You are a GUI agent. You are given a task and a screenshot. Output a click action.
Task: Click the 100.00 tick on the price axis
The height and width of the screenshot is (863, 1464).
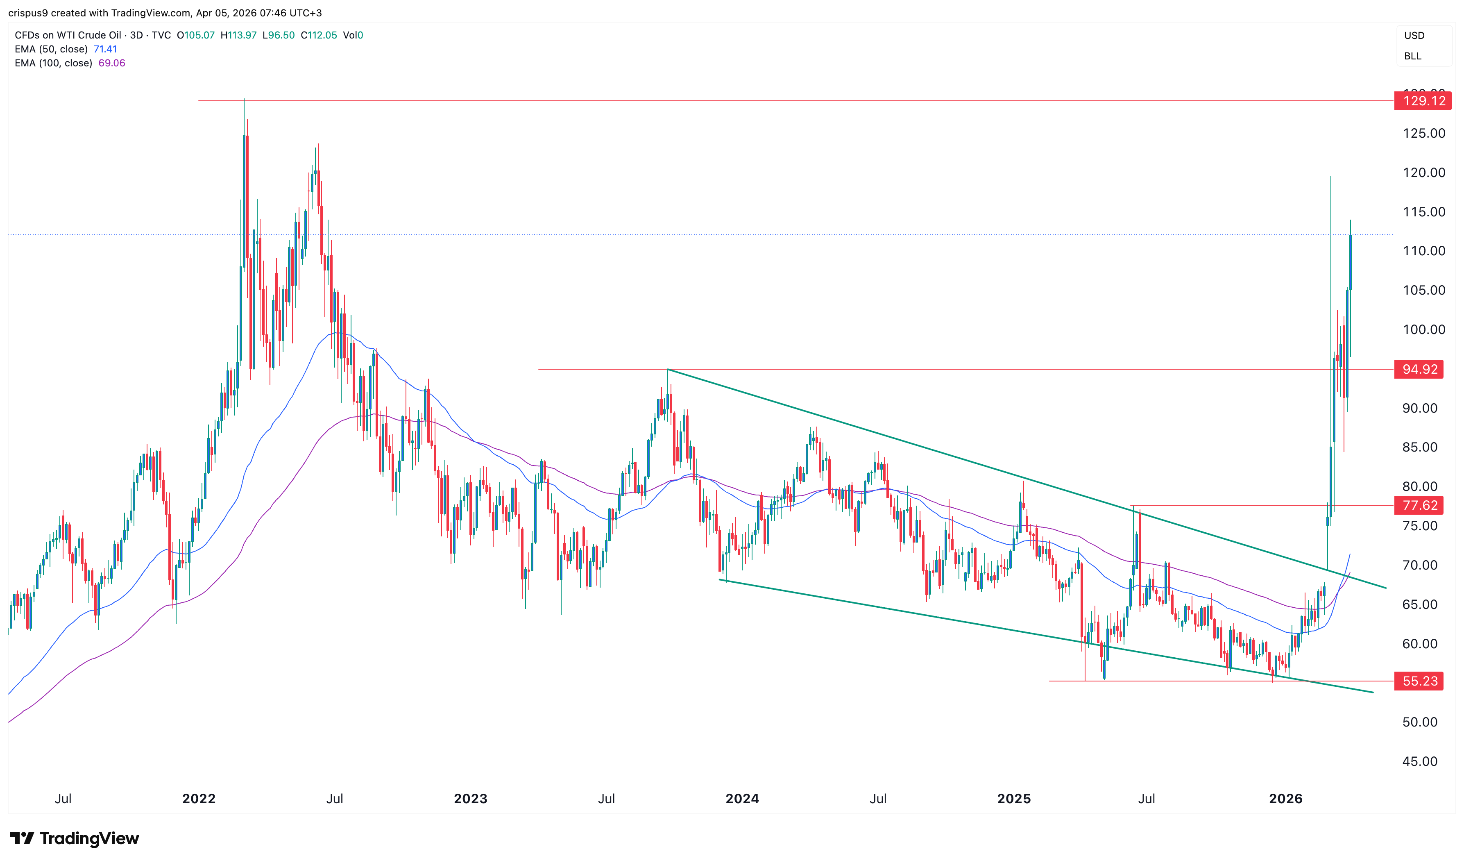(x=1423, y=330)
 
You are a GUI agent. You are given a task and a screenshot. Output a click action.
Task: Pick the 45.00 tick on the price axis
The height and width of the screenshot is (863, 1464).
(x=1419, y=761)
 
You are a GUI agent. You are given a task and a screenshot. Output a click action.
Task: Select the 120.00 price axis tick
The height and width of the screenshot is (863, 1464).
(x=1423, y=173)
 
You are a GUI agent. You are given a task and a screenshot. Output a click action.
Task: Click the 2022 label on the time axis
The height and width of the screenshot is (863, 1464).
(x=199, y=798)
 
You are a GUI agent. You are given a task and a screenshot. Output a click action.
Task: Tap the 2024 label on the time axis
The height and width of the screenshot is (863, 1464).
(x=741, y=798)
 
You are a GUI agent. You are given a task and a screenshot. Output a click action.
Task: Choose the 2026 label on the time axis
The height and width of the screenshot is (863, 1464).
(x=1285, y=798)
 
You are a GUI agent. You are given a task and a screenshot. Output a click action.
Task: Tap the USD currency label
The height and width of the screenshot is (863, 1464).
(x=1414, y=36)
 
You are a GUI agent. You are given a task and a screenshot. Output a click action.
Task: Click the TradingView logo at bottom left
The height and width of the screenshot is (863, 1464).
(x=75, y=838)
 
